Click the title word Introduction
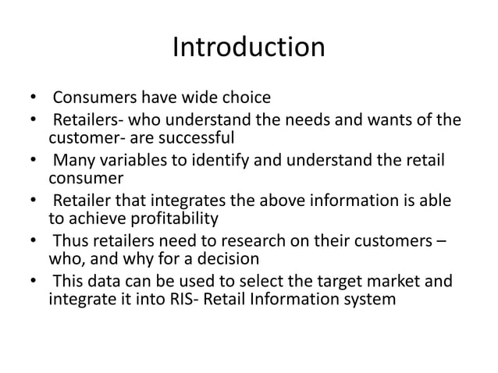pos(248,48)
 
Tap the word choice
pos(245,98)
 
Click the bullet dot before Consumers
pos(34,99)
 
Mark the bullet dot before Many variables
pos(34,162)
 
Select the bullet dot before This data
pos(34,280)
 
